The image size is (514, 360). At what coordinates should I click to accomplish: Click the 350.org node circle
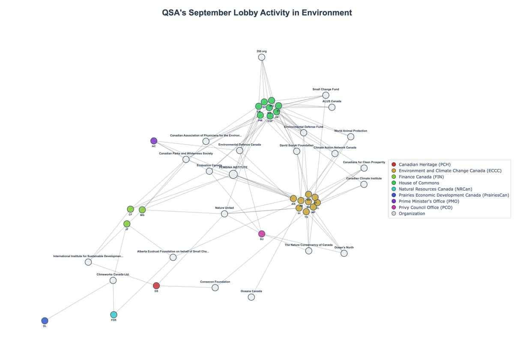261,57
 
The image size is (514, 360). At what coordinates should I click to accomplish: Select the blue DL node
45,321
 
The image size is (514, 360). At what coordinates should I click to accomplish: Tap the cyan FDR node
114,315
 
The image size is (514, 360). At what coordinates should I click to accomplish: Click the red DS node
156,285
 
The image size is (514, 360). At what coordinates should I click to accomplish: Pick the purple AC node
154,141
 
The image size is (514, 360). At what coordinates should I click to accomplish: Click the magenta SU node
262,234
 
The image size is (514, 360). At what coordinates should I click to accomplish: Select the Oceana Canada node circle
251,297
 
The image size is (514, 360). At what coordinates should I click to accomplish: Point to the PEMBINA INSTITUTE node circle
233,174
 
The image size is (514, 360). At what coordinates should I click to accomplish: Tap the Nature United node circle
224,213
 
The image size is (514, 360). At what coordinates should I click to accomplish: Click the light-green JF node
127,224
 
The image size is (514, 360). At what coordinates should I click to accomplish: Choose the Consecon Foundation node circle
215,288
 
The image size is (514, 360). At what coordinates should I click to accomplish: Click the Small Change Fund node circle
326,95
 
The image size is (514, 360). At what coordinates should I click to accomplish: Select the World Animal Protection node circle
351,137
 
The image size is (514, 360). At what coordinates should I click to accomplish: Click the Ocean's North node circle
344,253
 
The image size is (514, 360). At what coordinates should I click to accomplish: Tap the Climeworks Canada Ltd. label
113,274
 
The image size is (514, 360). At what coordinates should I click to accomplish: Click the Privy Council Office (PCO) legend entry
425,207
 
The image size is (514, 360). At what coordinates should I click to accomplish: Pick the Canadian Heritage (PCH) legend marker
394,164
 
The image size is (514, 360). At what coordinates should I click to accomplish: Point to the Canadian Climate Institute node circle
364,184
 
